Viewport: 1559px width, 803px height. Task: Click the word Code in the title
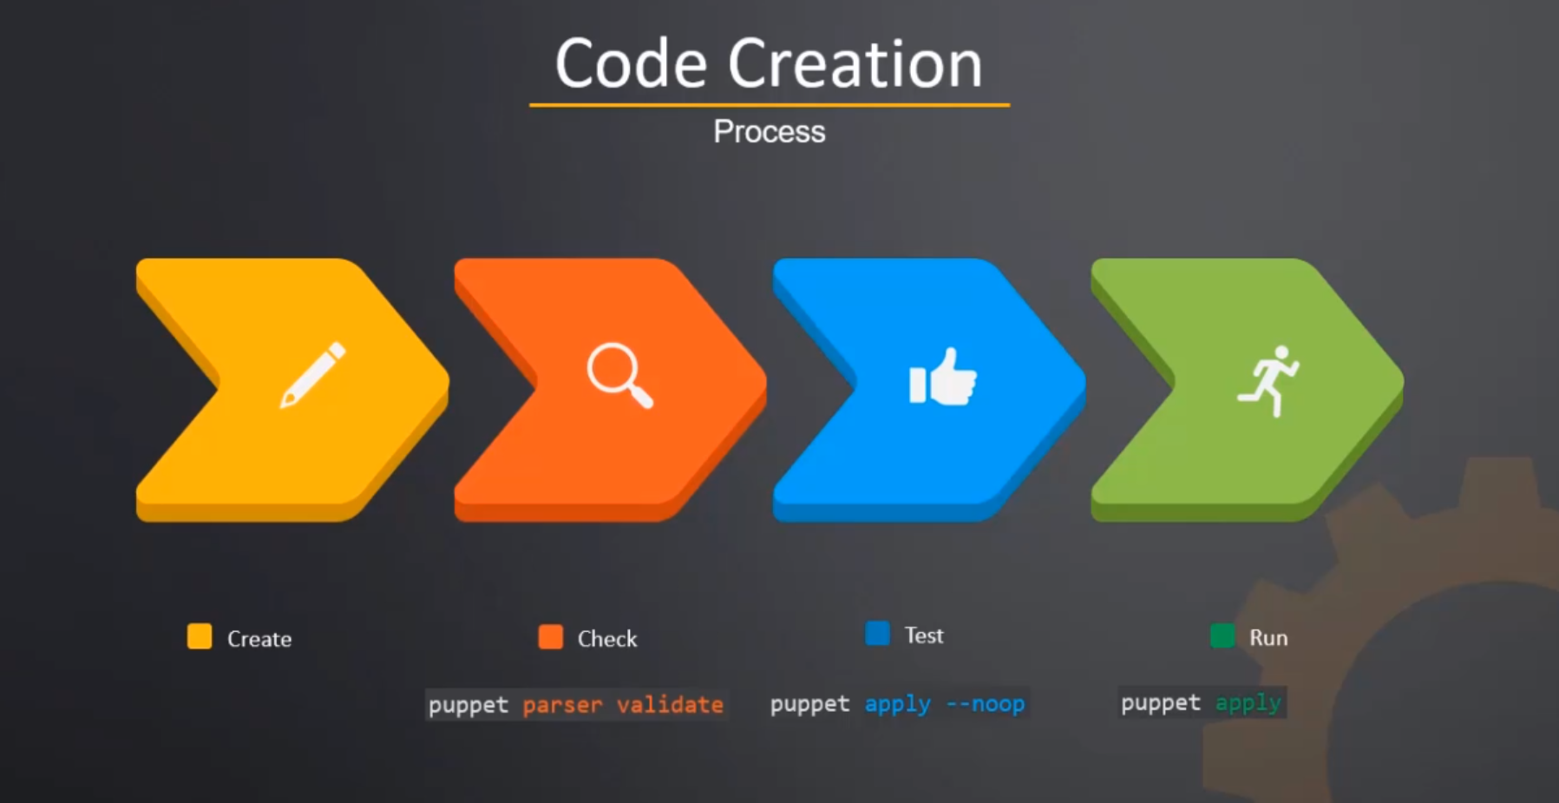[x=631, y=63]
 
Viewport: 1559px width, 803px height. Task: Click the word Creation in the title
[x=855, y=63]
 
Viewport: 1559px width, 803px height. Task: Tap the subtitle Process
[x=770, y=132]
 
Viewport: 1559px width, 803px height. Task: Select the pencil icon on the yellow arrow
[x=312, y=375]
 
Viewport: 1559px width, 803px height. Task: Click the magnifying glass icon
[x=619, y=376]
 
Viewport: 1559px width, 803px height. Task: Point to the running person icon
[x=1268, y=381]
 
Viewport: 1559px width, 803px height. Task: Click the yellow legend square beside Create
[x=200, y=636]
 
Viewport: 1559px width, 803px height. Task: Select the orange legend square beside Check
[x=551, y=636]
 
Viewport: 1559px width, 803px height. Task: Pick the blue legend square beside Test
[x=878, y=633]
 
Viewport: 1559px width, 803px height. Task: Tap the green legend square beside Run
[x=1222, y=635]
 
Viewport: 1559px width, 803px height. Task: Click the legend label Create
[x=259, y=639]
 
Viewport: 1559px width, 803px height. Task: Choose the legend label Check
[x=607, y=639]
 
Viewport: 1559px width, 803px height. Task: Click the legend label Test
[x=924, y=635]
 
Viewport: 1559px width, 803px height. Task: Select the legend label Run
[x=1268, y=638]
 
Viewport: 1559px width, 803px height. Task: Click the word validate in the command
[x=670, y=704]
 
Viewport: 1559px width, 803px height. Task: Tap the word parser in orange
[x=562, y=706]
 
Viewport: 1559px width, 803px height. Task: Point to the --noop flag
[x=986, y=703]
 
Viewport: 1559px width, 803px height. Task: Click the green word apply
[x=1248, y=703]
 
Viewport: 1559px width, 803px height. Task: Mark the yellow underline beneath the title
[x=770, y=105]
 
